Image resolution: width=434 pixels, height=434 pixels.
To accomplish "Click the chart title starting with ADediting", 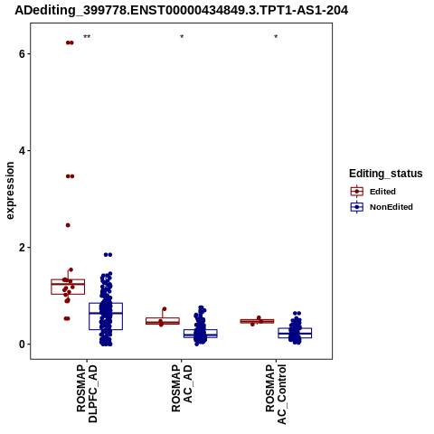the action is click(x=182, y=10).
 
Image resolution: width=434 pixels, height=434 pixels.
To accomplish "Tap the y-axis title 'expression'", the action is click(x=10, y=191).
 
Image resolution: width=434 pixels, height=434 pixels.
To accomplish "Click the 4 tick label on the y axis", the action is click(x=22, y=151).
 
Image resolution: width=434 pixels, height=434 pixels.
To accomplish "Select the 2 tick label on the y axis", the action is click(x=22, y=248).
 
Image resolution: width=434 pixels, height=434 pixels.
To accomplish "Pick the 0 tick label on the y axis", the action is click(x=22, y=344).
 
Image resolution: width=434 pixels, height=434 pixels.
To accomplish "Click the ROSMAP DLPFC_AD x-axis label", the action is click(x=87, y=393).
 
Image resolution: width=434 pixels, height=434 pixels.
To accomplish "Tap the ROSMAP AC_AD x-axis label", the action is click(x=182, y=388).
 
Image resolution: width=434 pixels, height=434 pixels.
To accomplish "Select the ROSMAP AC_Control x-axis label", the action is click(x=276, y=394).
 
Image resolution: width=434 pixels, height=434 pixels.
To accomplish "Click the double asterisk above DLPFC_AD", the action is click(x=87, y=37).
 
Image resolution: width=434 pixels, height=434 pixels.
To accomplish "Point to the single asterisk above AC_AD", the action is click(x=182, y=37).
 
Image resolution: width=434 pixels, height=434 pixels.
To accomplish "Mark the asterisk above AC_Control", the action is click(x=276, y=37).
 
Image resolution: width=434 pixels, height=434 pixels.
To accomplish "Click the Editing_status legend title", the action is click(x=386, y=174).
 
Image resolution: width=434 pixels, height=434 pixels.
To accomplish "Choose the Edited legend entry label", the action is click(x=382, y=192).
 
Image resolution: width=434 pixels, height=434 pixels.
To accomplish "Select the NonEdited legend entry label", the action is click(x=392, y=207).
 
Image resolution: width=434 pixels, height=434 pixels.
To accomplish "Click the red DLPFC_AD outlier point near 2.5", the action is click(x=68, y=225).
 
